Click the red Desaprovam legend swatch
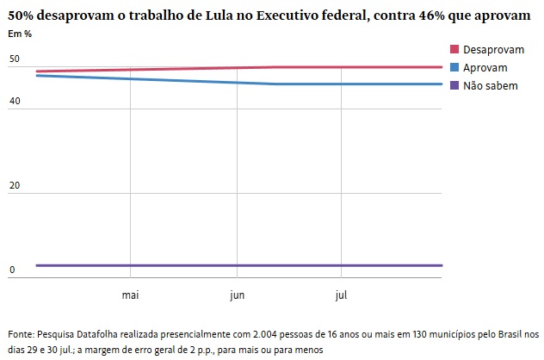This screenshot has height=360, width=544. pyautogui.click(x=455, y=50)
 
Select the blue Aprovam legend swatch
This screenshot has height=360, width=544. pyautogui.click(x=455, y=68)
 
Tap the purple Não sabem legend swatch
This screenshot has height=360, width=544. pyautogui.click(x=455, y=86)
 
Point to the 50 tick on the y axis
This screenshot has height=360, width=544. pyautogui.click(x=14, y=59)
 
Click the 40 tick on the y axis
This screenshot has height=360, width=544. pyautogui.click(x=14, y=102)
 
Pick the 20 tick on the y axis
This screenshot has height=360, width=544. pyautogui.click(x=14, y=186)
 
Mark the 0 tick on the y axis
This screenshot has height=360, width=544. pyautogui.click(x=12, y=270)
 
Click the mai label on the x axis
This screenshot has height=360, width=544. pyautogui.click(x=131, y=296)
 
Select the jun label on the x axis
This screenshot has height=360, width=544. pyautogui.click(x=238, y=296)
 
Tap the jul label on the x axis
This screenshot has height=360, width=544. pyautogui.click(x=341, y=296)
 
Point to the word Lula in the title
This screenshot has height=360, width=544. pyautogui.click(x=222, y=16)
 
